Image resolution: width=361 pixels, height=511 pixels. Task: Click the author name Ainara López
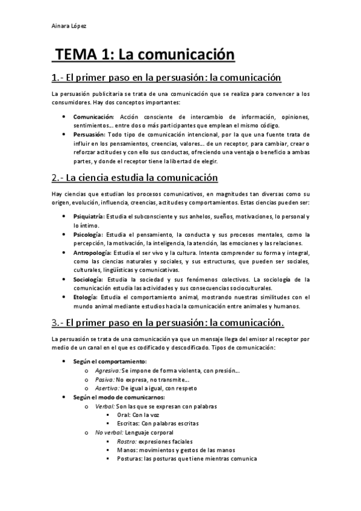pyautogui.click(x=70, y=27)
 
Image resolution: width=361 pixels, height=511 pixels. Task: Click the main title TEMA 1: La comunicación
pyautogui.click(x=144, y=55)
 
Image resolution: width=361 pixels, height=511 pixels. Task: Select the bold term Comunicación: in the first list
pyautogui.click(x=93, y=116)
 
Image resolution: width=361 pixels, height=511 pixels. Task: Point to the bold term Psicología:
pyautogui.click(x=88, y=234)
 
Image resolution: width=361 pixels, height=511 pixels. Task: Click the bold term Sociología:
pyautogui.click(x=88, y=280)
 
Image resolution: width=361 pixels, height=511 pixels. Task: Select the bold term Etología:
pyautogui.click(x=86, y=297)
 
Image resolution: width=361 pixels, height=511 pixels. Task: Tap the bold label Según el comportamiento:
pyautogui.click(x=105, y=361)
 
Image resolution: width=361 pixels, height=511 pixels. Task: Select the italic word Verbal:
pyautogui.click(x=105, y=406)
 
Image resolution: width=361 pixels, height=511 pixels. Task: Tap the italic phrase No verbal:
pyautogui.click(x=109, y=433)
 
